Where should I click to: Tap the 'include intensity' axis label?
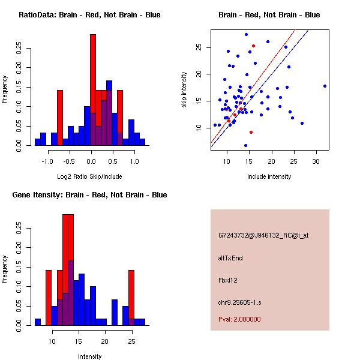pyautogui.click(x=269, y=176)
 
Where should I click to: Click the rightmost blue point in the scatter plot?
pyautogui.click(x=325, y=86)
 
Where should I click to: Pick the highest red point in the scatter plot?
pyautogui.click(x=253, y=46)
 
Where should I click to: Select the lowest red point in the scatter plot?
pyautogui.click(x=251, y=132)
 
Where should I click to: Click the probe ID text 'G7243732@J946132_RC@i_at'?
pyautogui.click(x=263, y=236)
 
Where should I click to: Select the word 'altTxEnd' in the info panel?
pyautogui.click(x=230, y=258)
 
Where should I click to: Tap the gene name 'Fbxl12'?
pyautogui.click(x=228, y=280)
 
